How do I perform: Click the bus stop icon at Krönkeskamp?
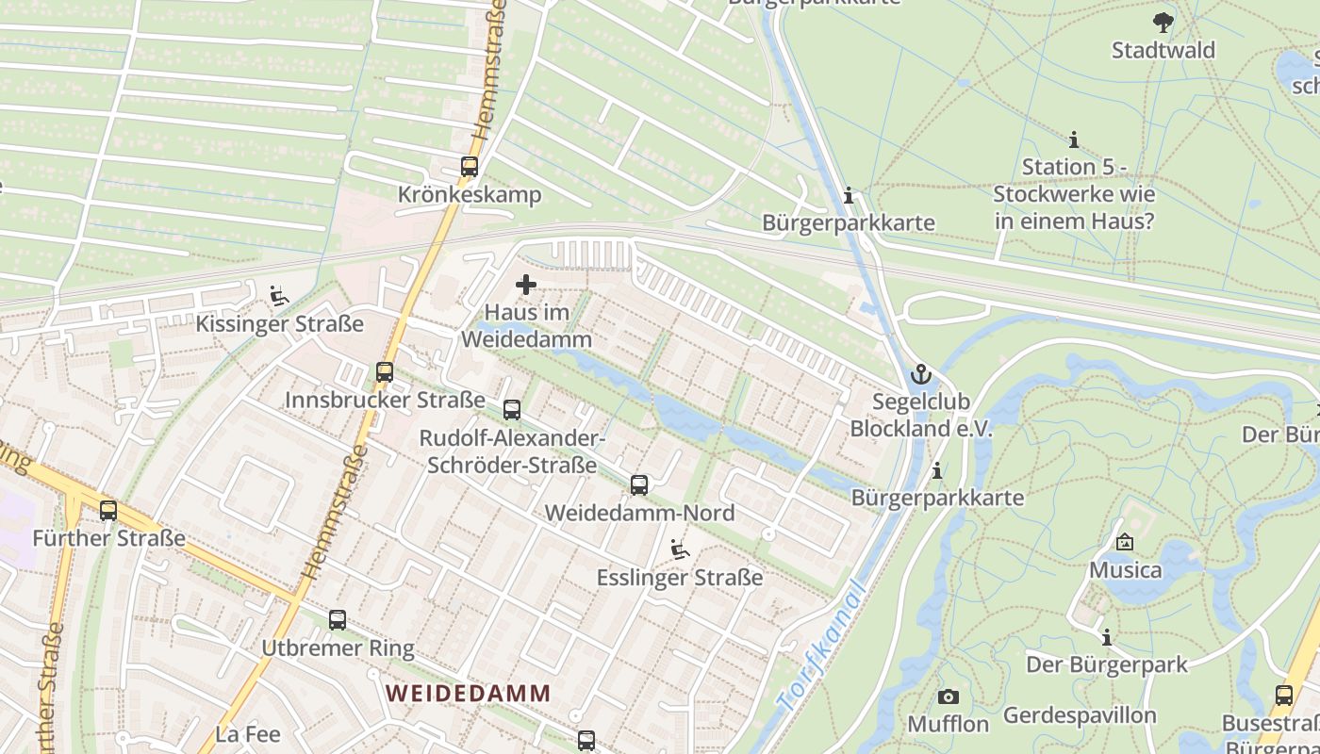click(x=470, y=167)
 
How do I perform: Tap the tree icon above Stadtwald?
click(x=1163, y=22)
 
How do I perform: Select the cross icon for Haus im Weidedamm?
click(x=526, y=285)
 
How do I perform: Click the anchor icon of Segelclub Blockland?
click(x=920, y=375)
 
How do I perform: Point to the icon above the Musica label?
click(x=1124, y=542)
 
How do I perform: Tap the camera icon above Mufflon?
click(x=949, y=697)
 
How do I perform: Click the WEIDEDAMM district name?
click(x=469, y=693)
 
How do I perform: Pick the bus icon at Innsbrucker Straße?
click(x=385, y=372)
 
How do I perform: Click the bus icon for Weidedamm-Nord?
click(x=639, y=485)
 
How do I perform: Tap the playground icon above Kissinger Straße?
click(x=278, y=297)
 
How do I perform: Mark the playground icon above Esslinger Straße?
click(x=679, y=549)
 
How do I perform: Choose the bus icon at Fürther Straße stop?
click(x=108, y=511)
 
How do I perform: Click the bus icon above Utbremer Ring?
click(x=338, y=620)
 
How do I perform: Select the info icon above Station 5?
click(x=1073, y=140)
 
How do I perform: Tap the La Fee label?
click(x=248, y=734)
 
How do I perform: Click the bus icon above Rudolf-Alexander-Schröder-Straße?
click(x=512, y=410)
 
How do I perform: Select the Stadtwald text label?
click(x=1163, y=50)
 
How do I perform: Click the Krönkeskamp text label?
click(x=470, y=195)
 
